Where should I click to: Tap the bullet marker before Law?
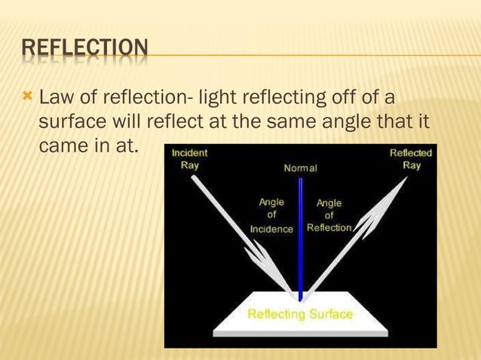click(28, 97)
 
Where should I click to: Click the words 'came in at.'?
click(88, 144)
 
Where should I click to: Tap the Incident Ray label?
click(189, 159)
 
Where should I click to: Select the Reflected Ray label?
click(411, 159)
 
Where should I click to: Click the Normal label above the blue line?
click(300, 168)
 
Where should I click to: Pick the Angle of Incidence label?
click(271, 215)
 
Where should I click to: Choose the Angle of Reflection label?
click(329, 215)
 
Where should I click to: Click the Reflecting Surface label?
click(300, 314)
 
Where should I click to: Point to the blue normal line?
click(300, 241)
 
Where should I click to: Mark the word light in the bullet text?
click(218, 98)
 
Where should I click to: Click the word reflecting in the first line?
click(282, 98)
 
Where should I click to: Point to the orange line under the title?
click(302, 55)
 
